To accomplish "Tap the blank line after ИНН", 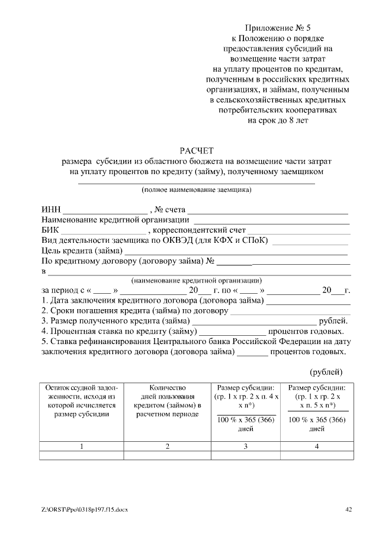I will tap(105, 210).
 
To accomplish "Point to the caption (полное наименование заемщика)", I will tap(196, 190).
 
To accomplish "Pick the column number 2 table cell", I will tap(168, 446).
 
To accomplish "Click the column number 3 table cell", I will tap(245, 446).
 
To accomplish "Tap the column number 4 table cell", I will tap(317, 446).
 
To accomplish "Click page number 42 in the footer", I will tap(349, 509).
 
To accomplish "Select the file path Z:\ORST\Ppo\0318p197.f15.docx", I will tap(85, 509).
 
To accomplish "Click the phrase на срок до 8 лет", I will tap(278, 120).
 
